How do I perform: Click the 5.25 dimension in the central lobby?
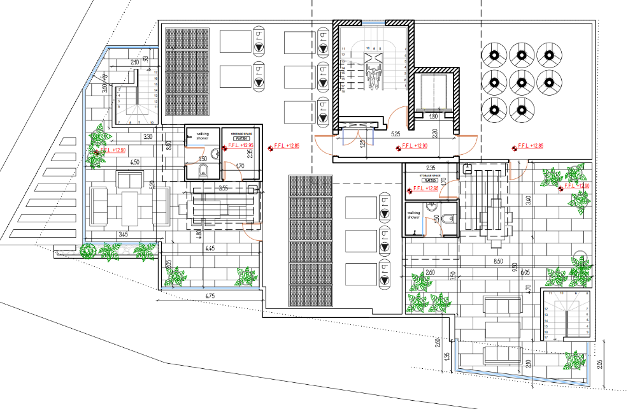tap(396, 135)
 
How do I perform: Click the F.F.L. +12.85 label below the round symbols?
tap(530, 146)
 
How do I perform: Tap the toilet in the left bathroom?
tap(203, 169)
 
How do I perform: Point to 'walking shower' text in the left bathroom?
tap(203, 136)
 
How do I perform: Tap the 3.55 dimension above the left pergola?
tap(223, 188)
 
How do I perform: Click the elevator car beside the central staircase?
tap(432, 93)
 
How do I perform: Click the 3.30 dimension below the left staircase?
tap(147, 136)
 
